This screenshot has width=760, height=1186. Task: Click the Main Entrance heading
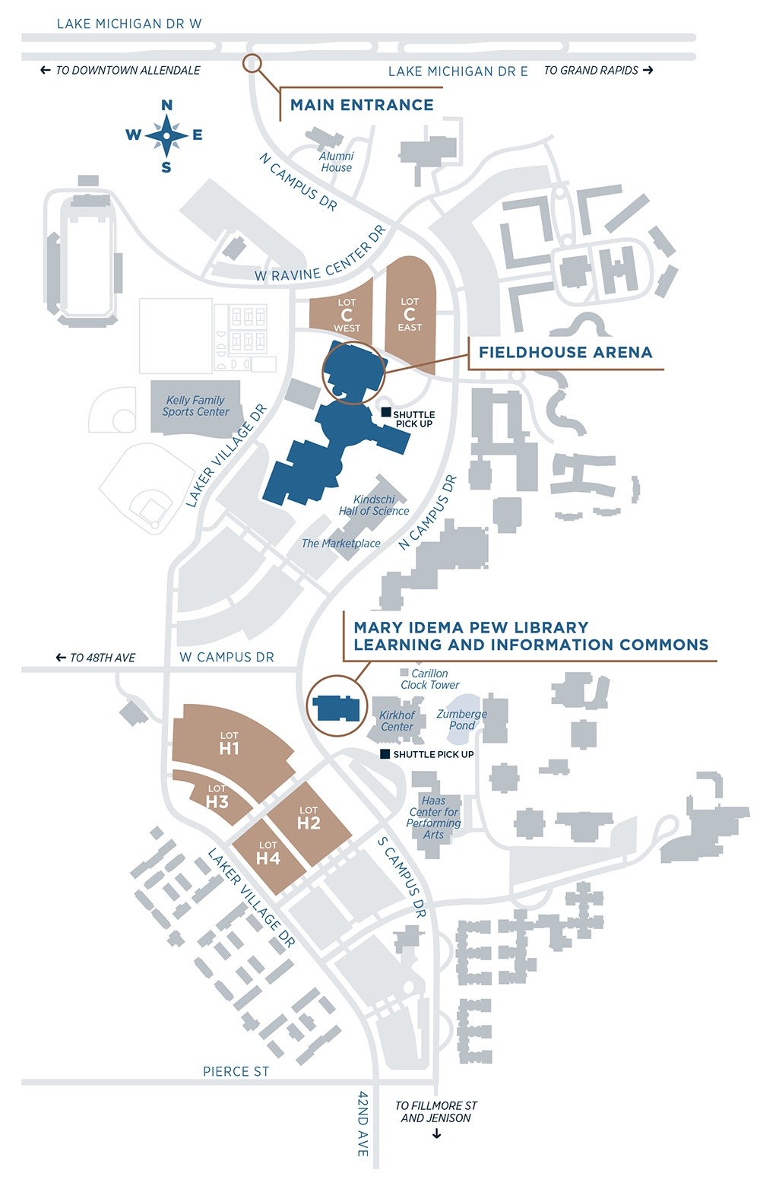point(362,105)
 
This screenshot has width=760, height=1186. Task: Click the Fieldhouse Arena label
point(565,352)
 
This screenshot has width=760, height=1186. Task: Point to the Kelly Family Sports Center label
point(195,406)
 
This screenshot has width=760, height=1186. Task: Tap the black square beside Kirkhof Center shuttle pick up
point(385,754)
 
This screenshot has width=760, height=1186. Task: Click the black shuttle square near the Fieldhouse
point(386,412)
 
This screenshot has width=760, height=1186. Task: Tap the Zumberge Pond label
point(461,720)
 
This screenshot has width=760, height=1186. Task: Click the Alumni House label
point(336,162)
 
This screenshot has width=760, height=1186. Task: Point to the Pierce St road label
point(236,1071)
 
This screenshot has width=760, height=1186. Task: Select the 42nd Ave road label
point(363,1123)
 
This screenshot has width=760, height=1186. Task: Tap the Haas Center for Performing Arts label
point(433,817)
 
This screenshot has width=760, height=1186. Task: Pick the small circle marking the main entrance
point(252,64)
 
